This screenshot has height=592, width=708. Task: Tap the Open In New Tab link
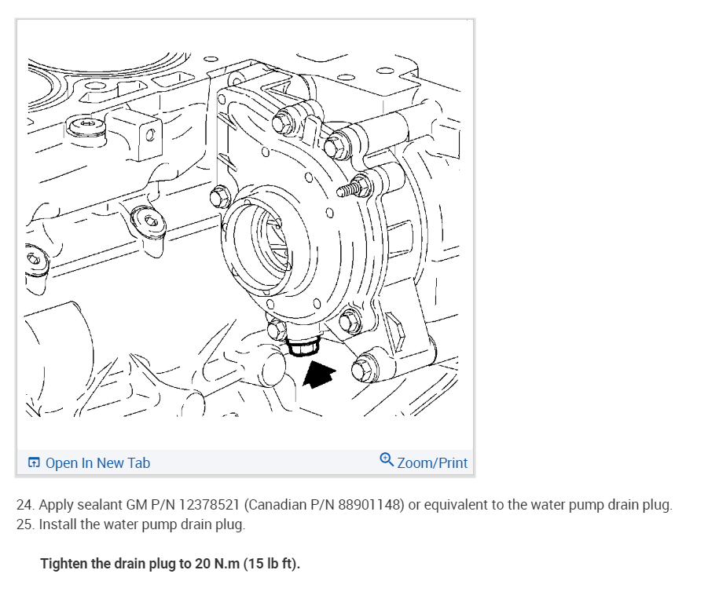point(97,462)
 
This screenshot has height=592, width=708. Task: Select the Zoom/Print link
point(431,462)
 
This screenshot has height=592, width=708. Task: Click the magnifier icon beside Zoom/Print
point(386,461)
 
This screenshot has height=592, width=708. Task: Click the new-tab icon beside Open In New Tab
point(34,463)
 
